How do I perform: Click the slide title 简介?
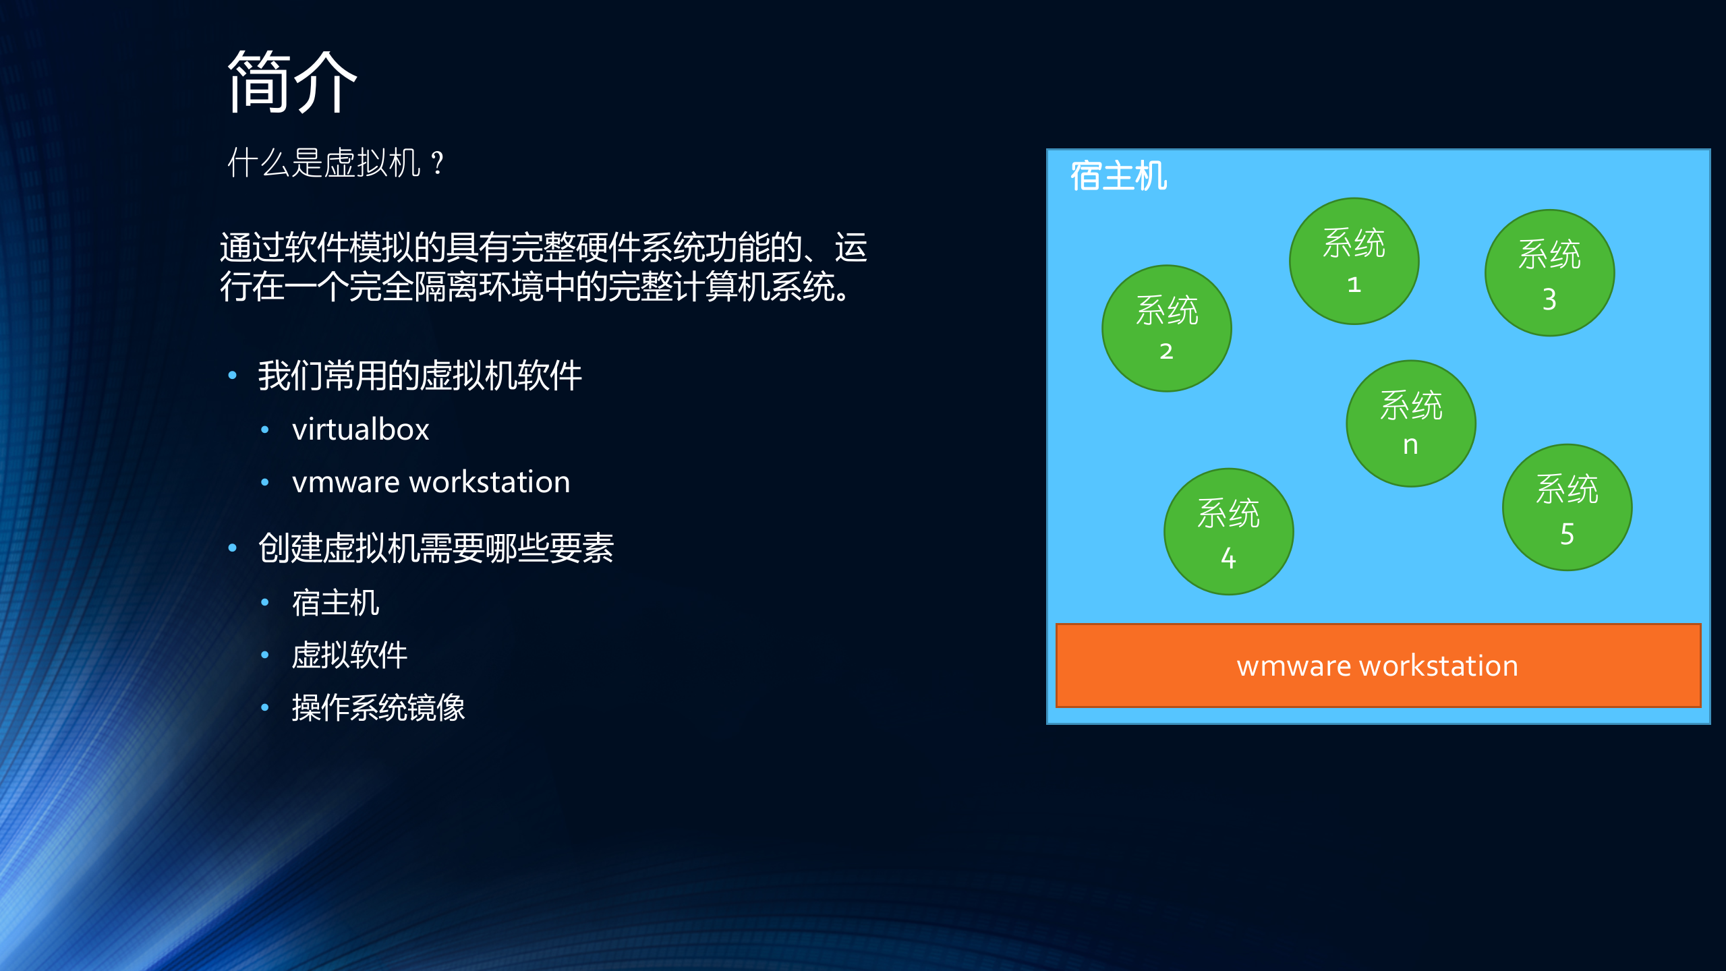(291, 82)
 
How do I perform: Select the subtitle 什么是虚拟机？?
(335, 163)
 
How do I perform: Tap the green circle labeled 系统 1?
(1353, 261)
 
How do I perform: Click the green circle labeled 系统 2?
(1166, 328)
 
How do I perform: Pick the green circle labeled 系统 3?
(1549, 273)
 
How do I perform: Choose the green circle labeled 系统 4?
(1228, 531)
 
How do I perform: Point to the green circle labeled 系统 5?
(1566, 507)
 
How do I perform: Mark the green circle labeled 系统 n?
(1410, 423)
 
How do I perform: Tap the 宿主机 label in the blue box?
(1118, 177)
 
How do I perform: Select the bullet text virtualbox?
(360, 430)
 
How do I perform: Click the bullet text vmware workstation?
(431, 482)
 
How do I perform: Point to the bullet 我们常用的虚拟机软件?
(420, 376)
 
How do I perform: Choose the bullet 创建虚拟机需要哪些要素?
(436, 548)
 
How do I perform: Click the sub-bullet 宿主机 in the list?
(335, 602)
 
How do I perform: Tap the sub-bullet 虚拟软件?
(349, 655)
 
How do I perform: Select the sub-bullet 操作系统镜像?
(378, 707)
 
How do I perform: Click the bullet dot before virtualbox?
(265, 430)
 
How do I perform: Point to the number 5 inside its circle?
(1566, 534)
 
